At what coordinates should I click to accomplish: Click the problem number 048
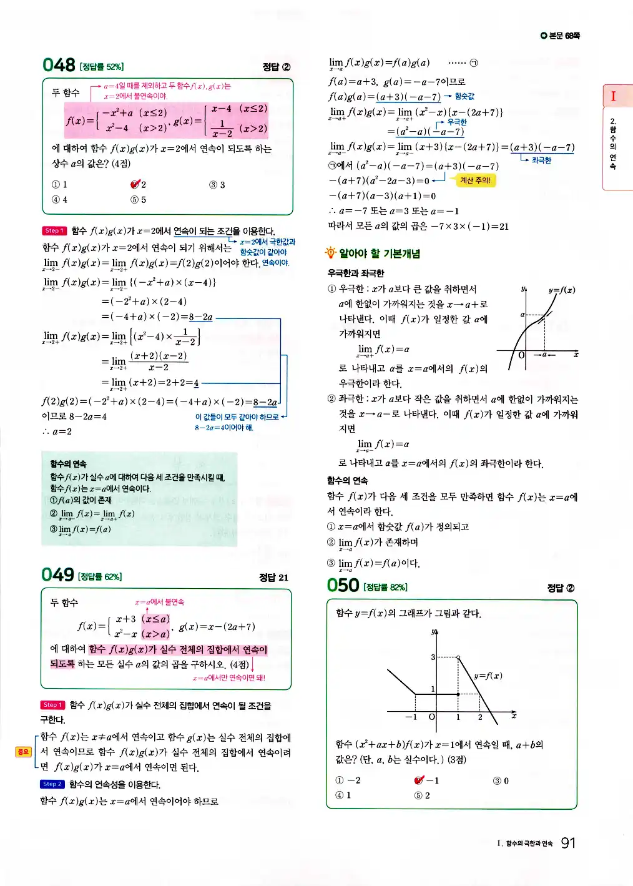click(59, 65)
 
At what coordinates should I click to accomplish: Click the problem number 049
click(57, 574)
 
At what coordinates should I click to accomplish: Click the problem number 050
click(343, 585)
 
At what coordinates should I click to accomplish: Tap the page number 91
click(567, 843)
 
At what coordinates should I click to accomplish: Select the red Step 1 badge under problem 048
click(54, 230)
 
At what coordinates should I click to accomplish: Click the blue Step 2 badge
click(52, 784)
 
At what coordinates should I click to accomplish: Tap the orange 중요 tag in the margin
click(23, 752)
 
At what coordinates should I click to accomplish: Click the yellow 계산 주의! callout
click(475, 180)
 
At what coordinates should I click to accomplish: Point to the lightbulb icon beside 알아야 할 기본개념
click(330, 253)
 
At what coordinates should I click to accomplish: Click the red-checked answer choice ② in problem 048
click(138, 184)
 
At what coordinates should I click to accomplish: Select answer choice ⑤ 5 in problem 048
click(138, 200)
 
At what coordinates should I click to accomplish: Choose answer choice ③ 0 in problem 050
click(501, 780)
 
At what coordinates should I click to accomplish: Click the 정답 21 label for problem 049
click(273, 578)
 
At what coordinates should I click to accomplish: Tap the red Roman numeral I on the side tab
click(613, 96)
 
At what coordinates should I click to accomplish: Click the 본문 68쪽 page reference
click(561, 36)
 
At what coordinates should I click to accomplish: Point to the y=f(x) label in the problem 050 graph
click(488, 676)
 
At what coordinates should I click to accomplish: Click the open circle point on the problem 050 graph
click(458, 657)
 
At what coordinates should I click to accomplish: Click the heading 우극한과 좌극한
click(356, 273)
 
